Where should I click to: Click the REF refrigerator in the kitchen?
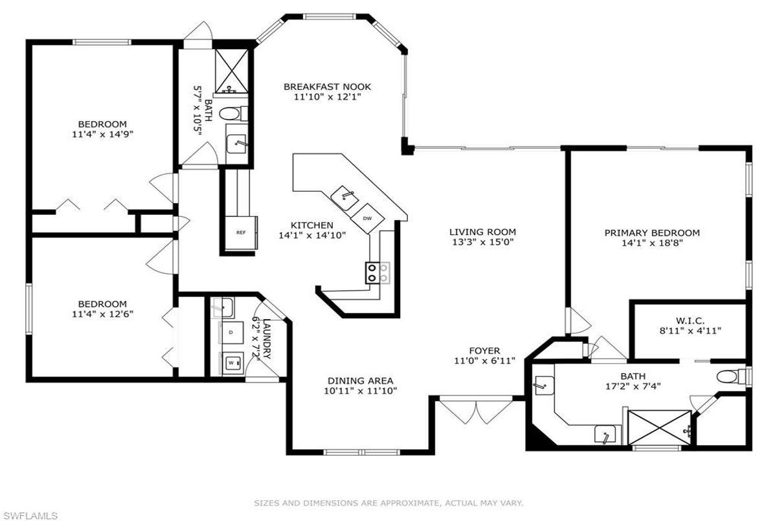pyautogui.click(x=241, y=232)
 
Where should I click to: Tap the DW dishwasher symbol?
pyautogui.click(x=367, y=218)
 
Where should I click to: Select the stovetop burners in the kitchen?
pyautogui.click(x=377, y=273)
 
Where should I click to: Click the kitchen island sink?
pyautogui.click(x=344, y=198)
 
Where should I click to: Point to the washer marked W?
pyautogui.click(x=231, y=363)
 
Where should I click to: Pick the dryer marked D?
pyautogui.click(x=231, y=333)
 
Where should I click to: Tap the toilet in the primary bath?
pyautogui.click(x=734, y=377)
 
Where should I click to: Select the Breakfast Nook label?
pyautogui.click(x=327, y=87)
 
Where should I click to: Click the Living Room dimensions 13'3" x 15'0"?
pyautogui.click(x=482, y=242)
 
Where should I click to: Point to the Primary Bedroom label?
pyautogui.click(x=652, y=233)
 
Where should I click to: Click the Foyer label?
pyautogui.click(x=484, y=351)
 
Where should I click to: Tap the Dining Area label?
pyautogui.click(x=361, y=381)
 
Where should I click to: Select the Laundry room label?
pyautogui.click(x=267, y=338)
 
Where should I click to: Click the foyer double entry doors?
pyautogui.click(x=476, y=412)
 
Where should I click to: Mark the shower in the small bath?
pyautogui.click(x=231, y=71)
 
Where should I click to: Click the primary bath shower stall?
pyautogui.click(x=659, y=428)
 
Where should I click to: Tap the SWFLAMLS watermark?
pyautogui.click(x=29, y=515)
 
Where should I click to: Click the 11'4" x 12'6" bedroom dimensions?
pyautogui.click(x=103, y=314)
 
